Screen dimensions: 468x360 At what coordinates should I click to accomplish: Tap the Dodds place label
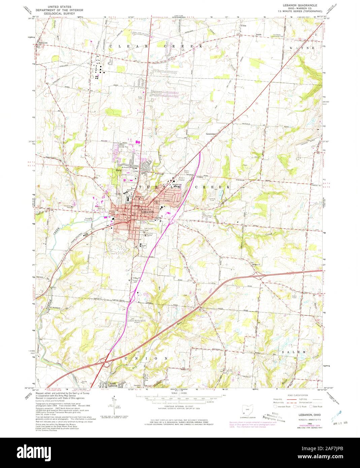click(x=259, y=34)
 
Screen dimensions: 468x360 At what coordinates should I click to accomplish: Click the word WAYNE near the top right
click(x=302, y=48)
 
